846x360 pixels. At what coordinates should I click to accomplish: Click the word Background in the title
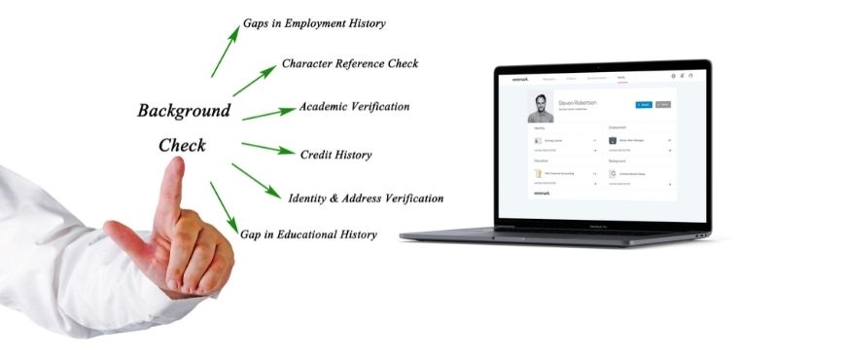click(184, 110)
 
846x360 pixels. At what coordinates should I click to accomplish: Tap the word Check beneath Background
click(182, 145)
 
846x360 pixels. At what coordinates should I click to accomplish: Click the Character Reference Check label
click(350, 64)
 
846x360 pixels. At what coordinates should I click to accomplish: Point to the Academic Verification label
click(354, 106)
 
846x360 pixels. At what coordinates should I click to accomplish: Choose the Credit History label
click(335, 155)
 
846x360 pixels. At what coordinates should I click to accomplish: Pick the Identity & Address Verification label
click(366, 198)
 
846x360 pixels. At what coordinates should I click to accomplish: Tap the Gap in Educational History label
click(308, 234)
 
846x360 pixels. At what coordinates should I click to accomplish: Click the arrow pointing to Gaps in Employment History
click(225, 51)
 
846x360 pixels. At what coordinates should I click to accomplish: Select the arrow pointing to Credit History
click(267, 149)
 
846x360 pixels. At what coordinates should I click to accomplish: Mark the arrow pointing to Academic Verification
click(268, 113)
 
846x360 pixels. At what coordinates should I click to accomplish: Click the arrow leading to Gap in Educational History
click(224, 207)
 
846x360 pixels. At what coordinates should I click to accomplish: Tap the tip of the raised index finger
click(174, 164)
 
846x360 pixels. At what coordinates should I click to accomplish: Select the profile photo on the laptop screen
click(541, 107)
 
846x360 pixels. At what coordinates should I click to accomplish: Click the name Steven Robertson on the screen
click(579, 101)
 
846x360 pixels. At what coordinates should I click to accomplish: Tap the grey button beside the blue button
click(663, 103)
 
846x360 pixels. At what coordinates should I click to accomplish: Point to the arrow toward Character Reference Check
click(254, 80)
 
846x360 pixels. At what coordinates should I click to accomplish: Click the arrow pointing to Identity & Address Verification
click(257, 181)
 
